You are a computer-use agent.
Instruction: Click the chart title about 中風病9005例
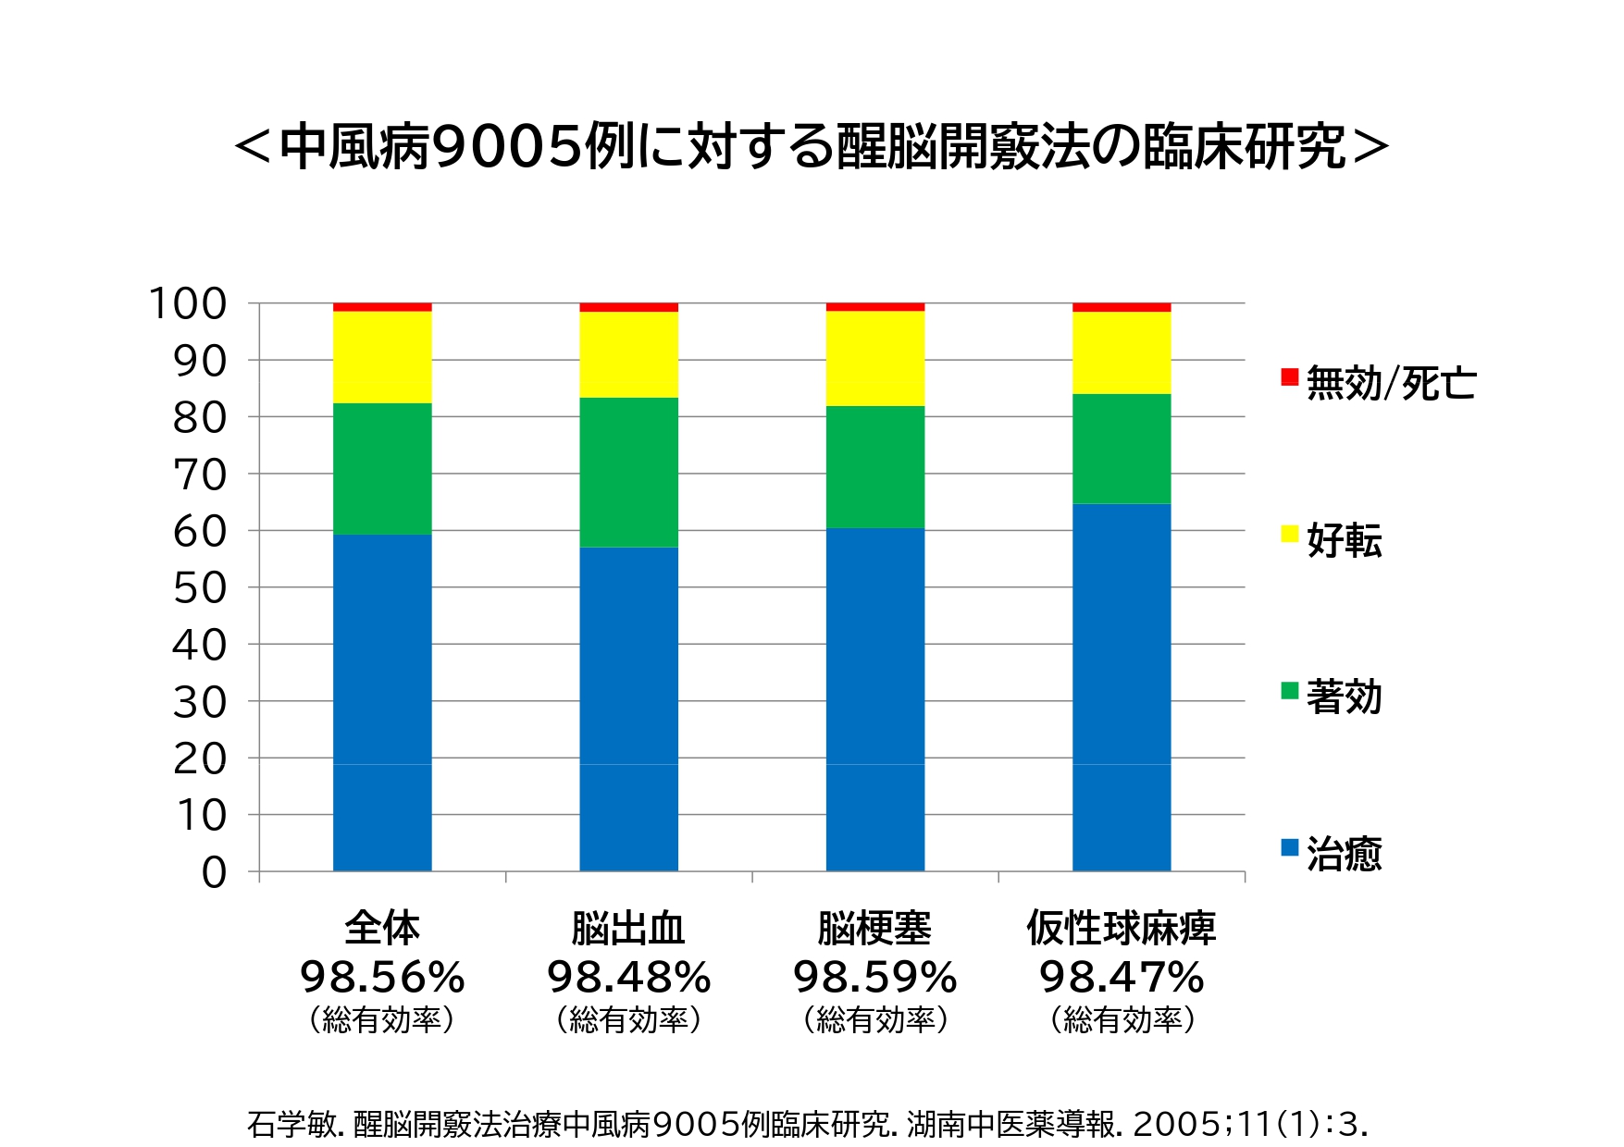(812, 146)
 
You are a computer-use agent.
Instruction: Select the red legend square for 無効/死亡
(1289, 376)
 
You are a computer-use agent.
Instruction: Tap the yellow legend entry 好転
(1344, 539)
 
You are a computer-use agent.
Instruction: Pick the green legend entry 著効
(1344, 697)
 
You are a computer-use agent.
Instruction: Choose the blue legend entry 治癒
(1344, 854)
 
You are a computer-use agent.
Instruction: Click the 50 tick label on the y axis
(199, 588)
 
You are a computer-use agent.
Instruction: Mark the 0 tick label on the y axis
(214, 872)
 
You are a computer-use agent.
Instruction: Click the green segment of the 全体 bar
(382, 468)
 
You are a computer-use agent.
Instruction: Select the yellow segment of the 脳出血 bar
(628, 354)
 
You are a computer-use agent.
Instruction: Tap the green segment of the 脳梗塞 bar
(874, 466)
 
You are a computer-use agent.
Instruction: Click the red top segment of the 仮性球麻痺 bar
(1121, 307)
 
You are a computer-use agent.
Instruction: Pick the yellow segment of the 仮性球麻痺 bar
(1121, 352)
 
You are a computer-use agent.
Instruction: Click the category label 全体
(382, 928)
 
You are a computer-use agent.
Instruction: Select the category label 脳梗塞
(874, 928)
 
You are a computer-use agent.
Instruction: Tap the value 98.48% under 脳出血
(628, 977)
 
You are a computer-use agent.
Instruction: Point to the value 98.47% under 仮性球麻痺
(1121, 977)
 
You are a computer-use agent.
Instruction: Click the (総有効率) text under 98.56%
(382, 1019)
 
